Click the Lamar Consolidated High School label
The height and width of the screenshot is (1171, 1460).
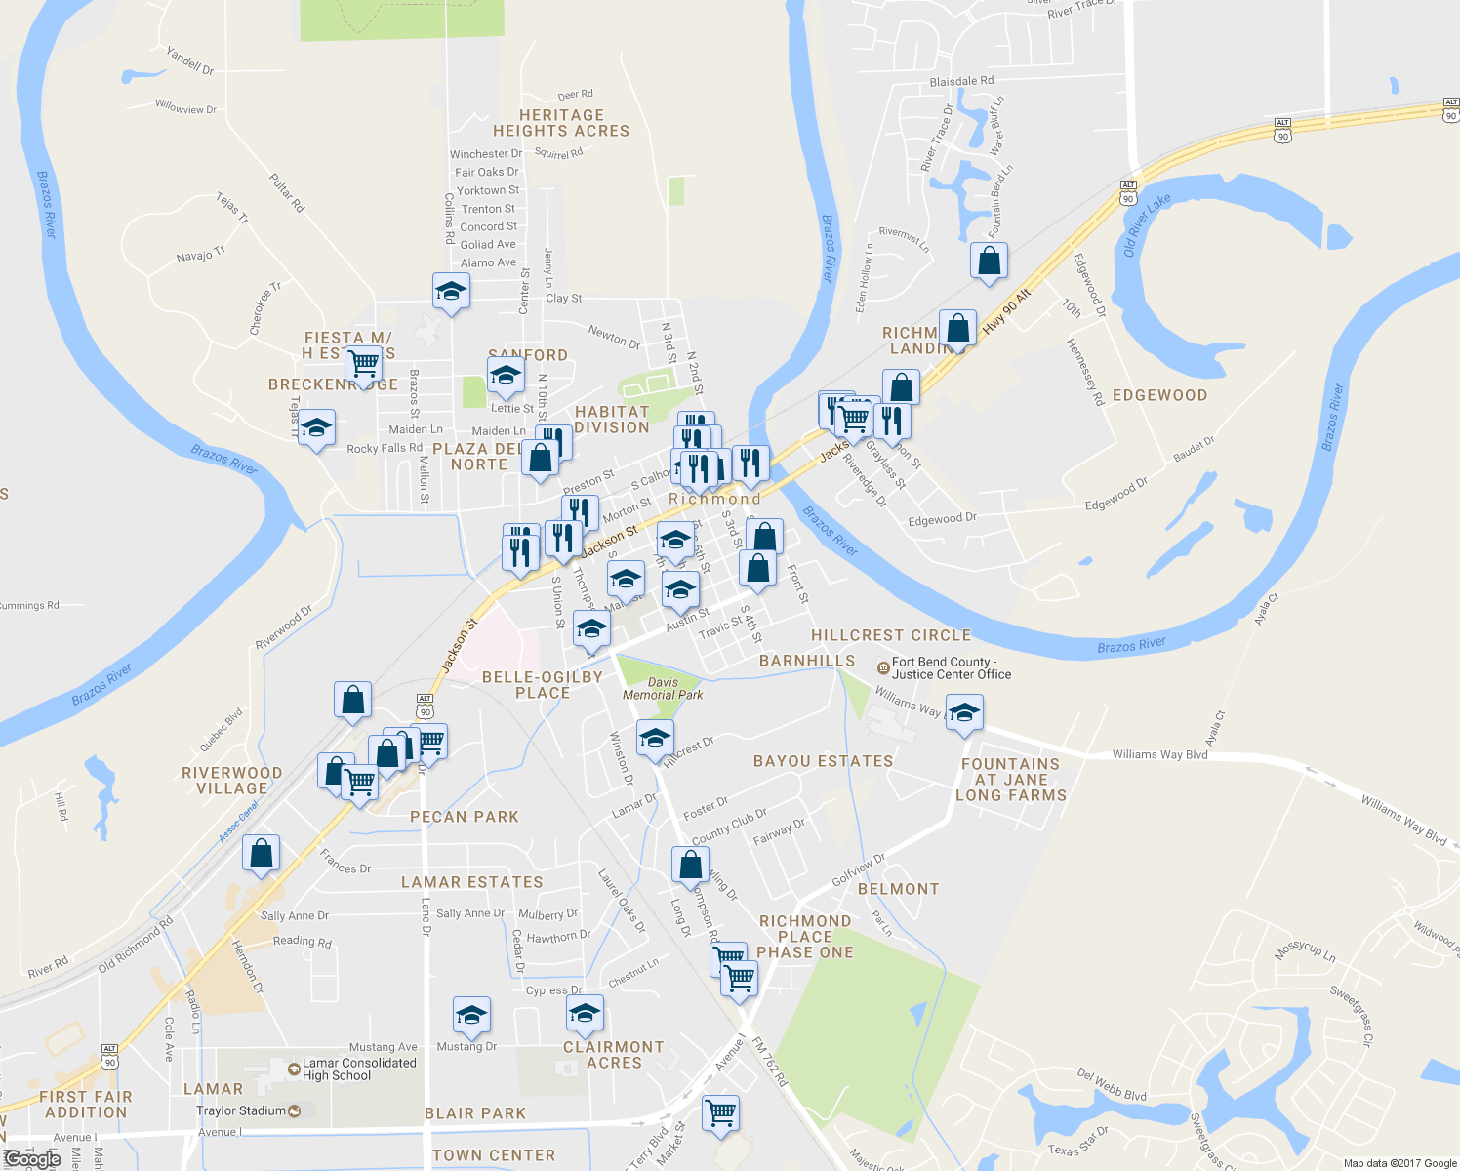point(358,1070)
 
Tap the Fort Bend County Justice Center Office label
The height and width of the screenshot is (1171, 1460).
point(951,668)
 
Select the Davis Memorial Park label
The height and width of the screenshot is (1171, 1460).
point(663,689)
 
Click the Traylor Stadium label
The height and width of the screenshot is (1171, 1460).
point(241,1110)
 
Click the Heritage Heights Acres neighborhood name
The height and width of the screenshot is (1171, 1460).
point(561,123)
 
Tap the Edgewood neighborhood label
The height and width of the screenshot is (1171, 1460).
point(1159,395)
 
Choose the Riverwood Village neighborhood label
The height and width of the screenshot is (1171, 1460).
point(232,781)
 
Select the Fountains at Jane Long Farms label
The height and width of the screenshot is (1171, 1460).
point(1010,780)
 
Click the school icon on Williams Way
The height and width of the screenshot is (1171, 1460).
point(963,712)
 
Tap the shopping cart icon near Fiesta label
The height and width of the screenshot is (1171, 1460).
point(363,364)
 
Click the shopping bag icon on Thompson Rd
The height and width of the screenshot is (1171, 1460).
point(690,865)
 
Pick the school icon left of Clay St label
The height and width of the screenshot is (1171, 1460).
point(451,291)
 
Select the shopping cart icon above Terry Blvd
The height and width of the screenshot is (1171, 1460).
point(720,1112)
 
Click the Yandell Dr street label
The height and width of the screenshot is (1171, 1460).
point(190,61)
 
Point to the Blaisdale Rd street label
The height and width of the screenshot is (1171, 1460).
point(961,81)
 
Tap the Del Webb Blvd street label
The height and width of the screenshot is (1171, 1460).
point(1112,1084)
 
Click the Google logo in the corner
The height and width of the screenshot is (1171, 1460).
point(32,1159)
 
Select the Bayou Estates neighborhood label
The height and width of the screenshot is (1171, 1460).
point(823,761)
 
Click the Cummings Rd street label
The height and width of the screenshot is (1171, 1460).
point(29,605)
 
